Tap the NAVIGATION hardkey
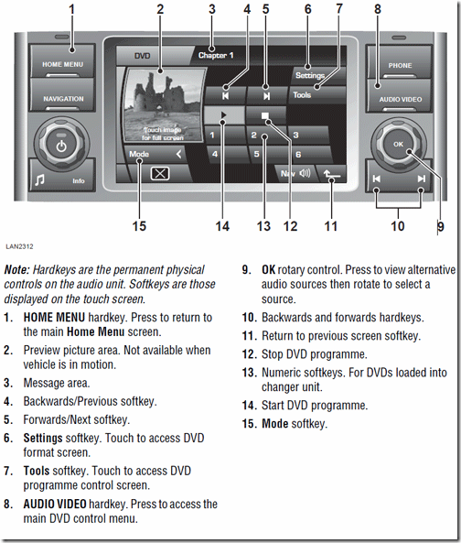pyautogui.click(x=64, y=98)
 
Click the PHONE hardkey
pyautogui.click(x=400, y=66)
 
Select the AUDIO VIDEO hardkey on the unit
pyautogui.click(x=400, y=98)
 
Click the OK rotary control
pyautogui.click(x=397, y=144)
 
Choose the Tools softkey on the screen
pyautogui.click(x=303, y=94)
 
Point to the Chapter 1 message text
pyautogui.click(x=218, y=56)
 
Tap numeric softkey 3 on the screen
pyautogui.click(x=296, y=135)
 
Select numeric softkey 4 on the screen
pyautogui.click(x=214, y=154)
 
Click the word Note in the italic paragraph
pyautogui.click(x=16, y=270)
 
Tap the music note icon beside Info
pyautogui.click(x=39, y=179)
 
